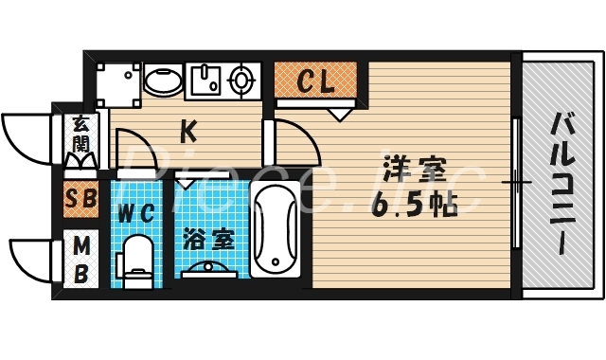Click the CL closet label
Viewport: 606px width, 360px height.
click(x=316, y=81)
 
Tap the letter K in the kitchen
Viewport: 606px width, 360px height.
click(x=188, y=130)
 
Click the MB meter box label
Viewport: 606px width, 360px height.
click(x=82, y=260)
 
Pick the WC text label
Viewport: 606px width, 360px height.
click(x=135, y=213)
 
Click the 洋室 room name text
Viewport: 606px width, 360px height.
click(x=415, y=171)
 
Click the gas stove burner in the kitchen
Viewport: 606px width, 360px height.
click(x=243, y=81)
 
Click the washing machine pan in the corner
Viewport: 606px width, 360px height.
click(x=118, y=82)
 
